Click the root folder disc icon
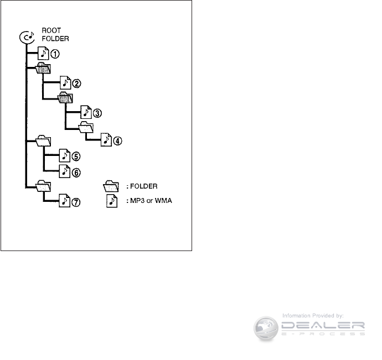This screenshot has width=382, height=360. coord(26,38)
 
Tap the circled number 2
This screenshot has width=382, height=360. coord(77,84)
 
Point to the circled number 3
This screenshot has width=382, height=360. coord(97,113)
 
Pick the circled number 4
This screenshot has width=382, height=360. coord(117,140)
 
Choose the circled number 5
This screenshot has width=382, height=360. coord(76,156)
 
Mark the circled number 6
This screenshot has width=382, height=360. coord(76,172)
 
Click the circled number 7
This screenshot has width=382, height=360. coord(76,202)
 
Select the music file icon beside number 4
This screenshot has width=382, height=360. coord(106,140)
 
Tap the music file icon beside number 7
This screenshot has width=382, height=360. coord(65,201)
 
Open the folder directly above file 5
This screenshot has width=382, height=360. coord(43,142)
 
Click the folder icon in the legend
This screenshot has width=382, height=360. coord(112,186)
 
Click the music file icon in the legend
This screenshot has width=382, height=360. coord(112,200)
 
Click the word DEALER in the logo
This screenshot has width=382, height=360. coord(324,325)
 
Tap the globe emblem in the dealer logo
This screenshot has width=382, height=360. coord(266,327)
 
